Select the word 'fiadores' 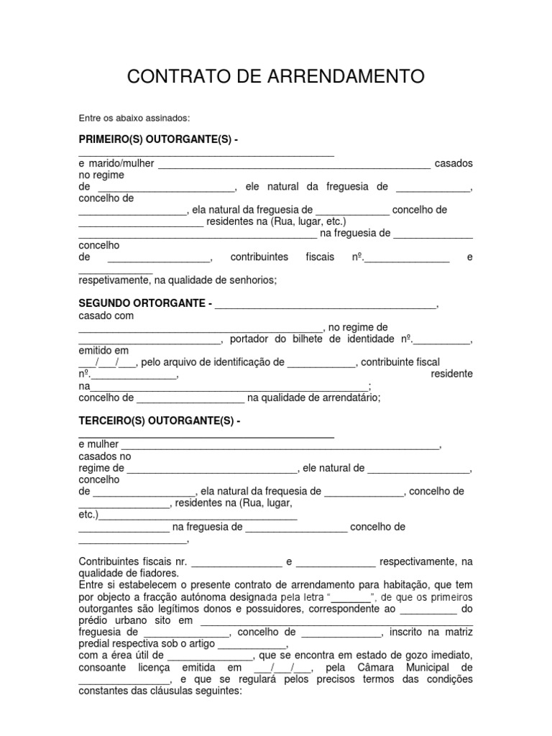pyautogui.click(x=156, y=574)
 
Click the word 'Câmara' pyautogui.click(x=372, y=668)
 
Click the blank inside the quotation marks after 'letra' pyautogui.click(x=351, y=598)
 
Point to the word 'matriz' pyautogui.click(x=457, y=632)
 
